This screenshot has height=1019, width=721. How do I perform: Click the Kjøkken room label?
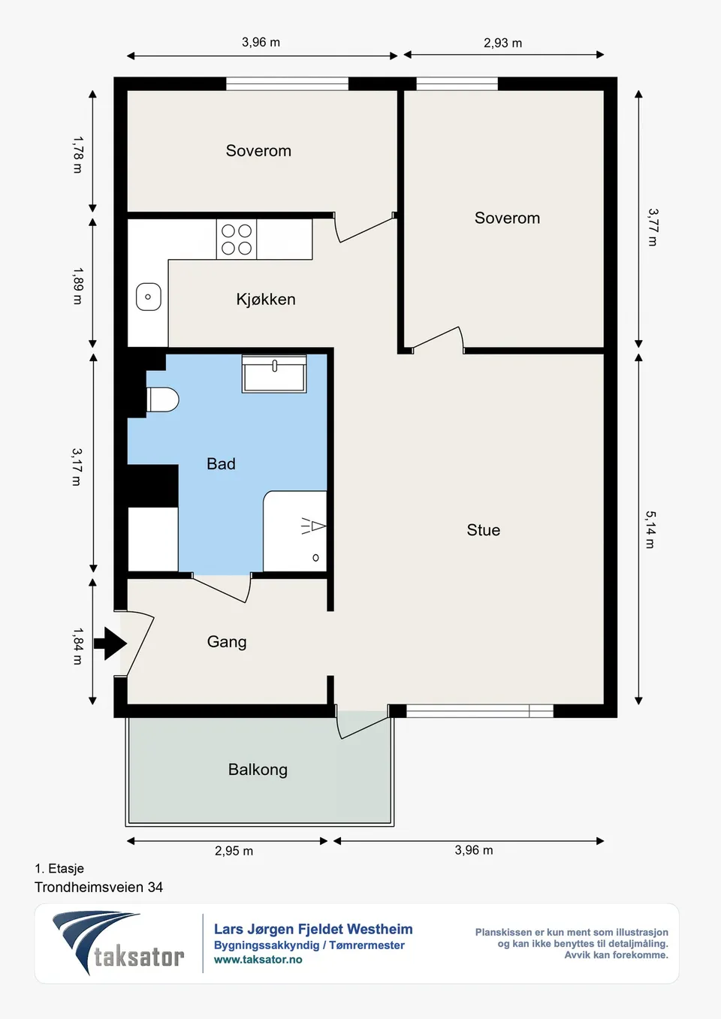pos(266,300)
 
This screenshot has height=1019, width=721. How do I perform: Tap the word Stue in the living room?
pos(483,530)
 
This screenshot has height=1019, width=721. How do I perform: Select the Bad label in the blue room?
pos(221,464)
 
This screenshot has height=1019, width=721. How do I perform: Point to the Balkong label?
pos(258,770)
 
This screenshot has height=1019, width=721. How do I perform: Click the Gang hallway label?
pos(227,642)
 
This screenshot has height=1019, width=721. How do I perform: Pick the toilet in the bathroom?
pos(162,400)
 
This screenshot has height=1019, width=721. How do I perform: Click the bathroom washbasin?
pos(274,374)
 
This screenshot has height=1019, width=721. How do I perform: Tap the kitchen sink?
pos(148,297)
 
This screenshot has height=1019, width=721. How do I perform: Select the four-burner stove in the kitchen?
pos(237,240)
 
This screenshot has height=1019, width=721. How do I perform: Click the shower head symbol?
pos(314,526)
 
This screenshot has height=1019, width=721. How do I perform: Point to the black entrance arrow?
pos(110,644)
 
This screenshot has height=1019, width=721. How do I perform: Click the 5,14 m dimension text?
pos(651,530)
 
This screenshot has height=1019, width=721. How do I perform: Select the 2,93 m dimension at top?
pos(502,44)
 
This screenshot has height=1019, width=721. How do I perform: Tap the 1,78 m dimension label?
pos(78,155)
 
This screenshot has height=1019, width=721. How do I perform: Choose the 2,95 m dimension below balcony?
pos(234,851)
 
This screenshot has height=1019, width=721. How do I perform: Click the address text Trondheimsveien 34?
pos(98,887)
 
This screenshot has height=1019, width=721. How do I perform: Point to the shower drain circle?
pos(315,558)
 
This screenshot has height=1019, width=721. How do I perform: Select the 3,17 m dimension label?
pos(77,467)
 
